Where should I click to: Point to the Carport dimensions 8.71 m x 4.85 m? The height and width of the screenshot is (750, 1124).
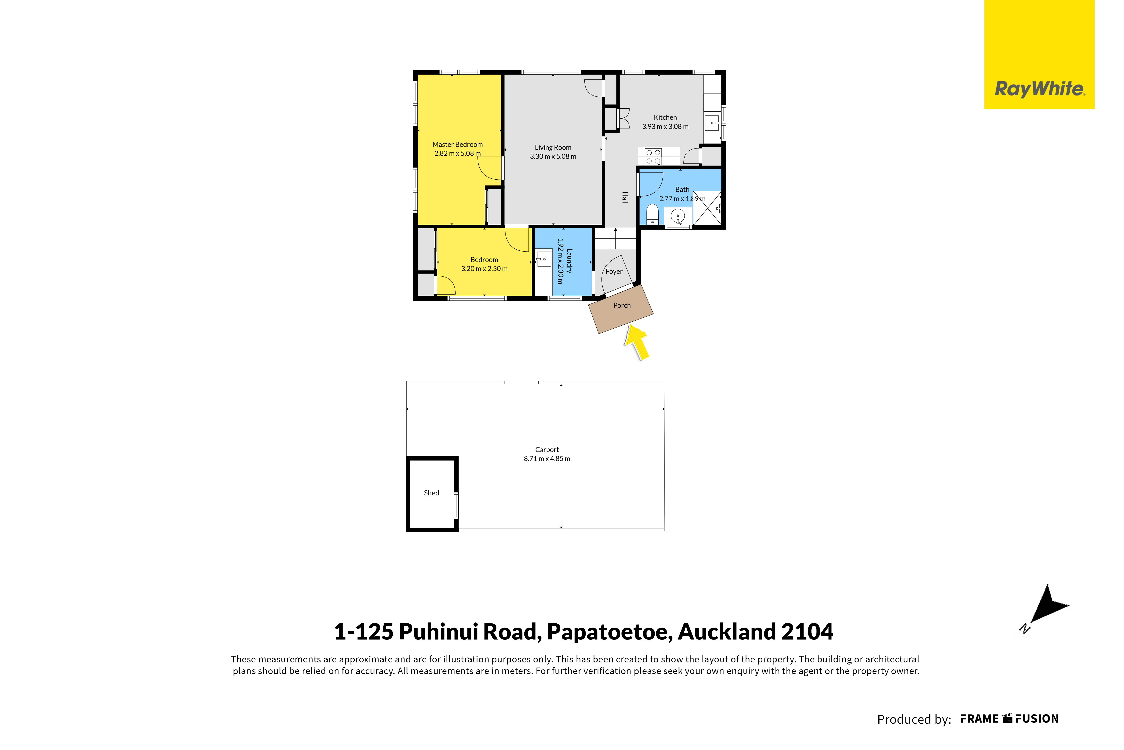pyautogui.click(x=547, y=459)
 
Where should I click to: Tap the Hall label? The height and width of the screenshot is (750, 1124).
pyautogui.click(x=624, y=198)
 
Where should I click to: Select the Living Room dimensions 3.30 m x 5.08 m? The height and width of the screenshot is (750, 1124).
pyautogui.click(x=553, y=156)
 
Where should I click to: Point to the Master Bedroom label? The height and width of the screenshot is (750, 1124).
pyautogui.click(x=458, y=144)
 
